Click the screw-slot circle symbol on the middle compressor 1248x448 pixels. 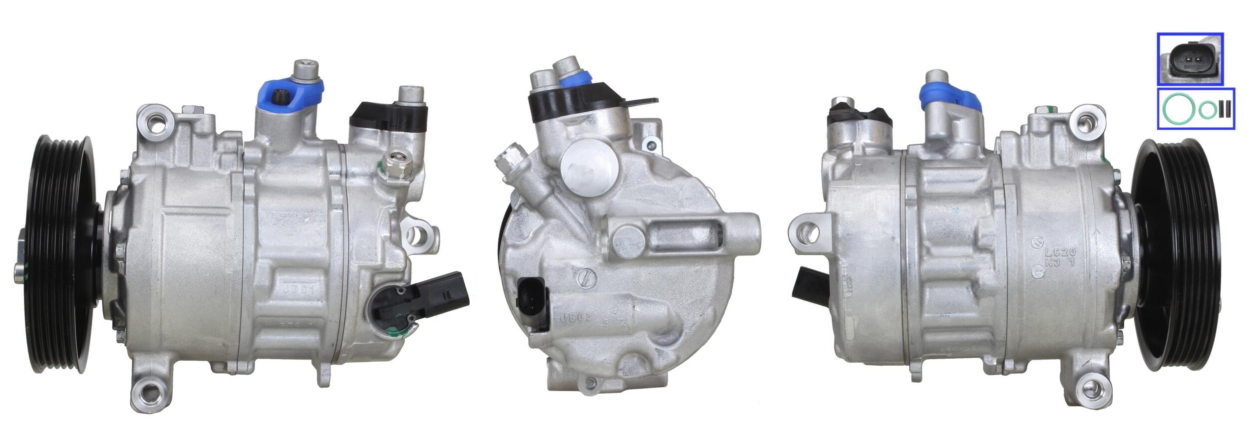tap(587, 278)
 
